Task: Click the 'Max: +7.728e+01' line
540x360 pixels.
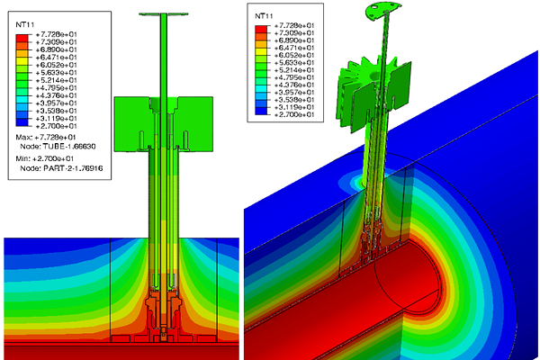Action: tap(50, 137)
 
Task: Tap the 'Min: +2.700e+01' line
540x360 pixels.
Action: tap(50, 158)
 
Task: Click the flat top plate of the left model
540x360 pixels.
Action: tap(163, 15)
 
